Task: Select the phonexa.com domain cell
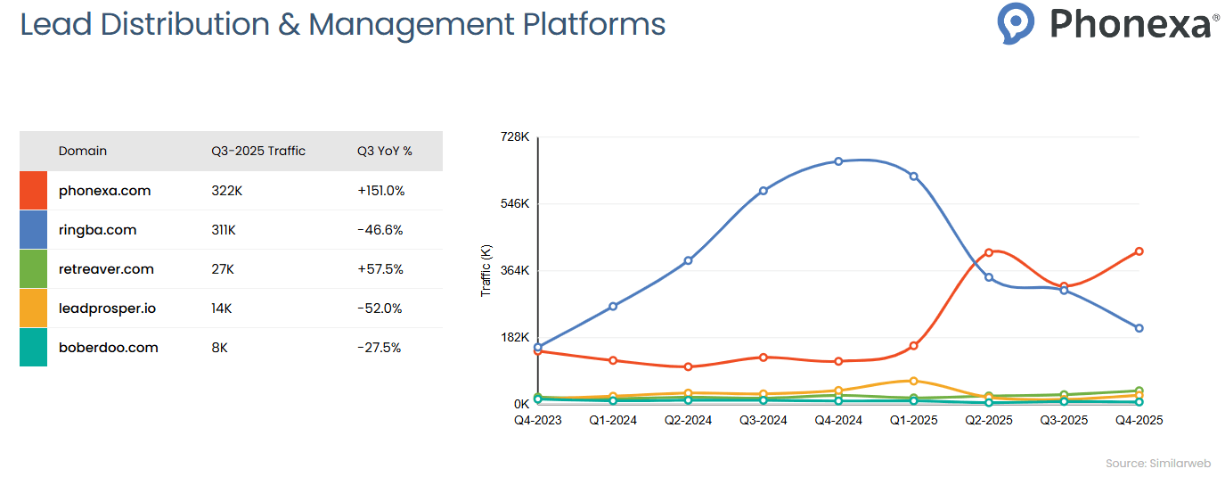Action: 104,191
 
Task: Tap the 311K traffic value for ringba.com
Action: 224,230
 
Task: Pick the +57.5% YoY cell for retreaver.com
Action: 380,269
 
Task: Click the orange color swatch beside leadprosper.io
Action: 33,308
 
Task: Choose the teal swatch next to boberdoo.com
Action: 33,348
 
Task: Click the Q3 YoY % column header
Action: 384,152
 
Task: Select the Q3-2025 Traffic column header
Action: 258,152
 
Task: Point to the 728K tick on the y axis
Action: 516,137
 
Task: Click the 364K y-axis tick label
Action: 516,271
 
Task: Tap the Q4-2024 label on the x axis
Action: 838,420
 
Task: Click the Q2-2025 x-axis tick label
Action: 988,420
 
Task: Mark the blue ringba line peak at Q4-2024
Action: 838,161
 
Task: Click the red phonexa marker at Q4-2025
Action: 1139,251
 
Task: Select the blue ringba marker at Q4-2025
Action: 1139,328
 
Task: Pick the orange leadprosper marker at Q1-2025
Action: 913,381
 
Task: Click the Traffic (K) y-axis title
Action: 486,271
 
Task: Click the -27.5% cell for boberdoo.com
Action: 380,348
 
